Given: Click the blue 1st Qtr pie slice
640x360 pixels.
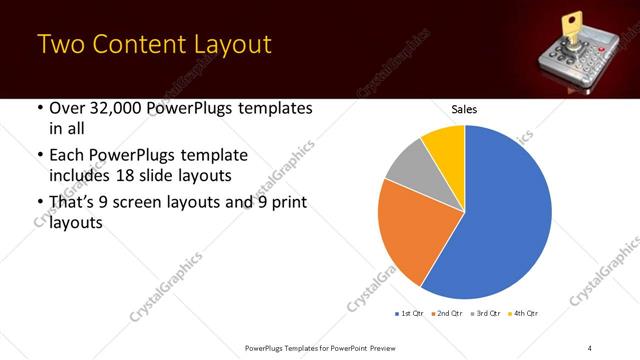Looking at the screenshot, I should pyautogui.click(x=500, y=220).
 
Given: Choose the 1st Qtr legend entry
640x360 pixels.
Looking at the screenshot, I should pyautogui.click(x=410, y=314).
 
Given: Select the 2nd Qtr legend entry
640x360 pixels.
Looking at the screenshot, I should pyautogui.click(x=448, y=314).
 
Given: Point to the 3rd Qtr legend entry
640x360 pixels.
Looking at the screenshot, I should pyautogui.click(x=486, y=314).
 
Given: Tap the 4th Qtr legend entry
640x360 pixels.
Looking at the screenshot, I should pyautogui.click(x=524, y=314).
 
